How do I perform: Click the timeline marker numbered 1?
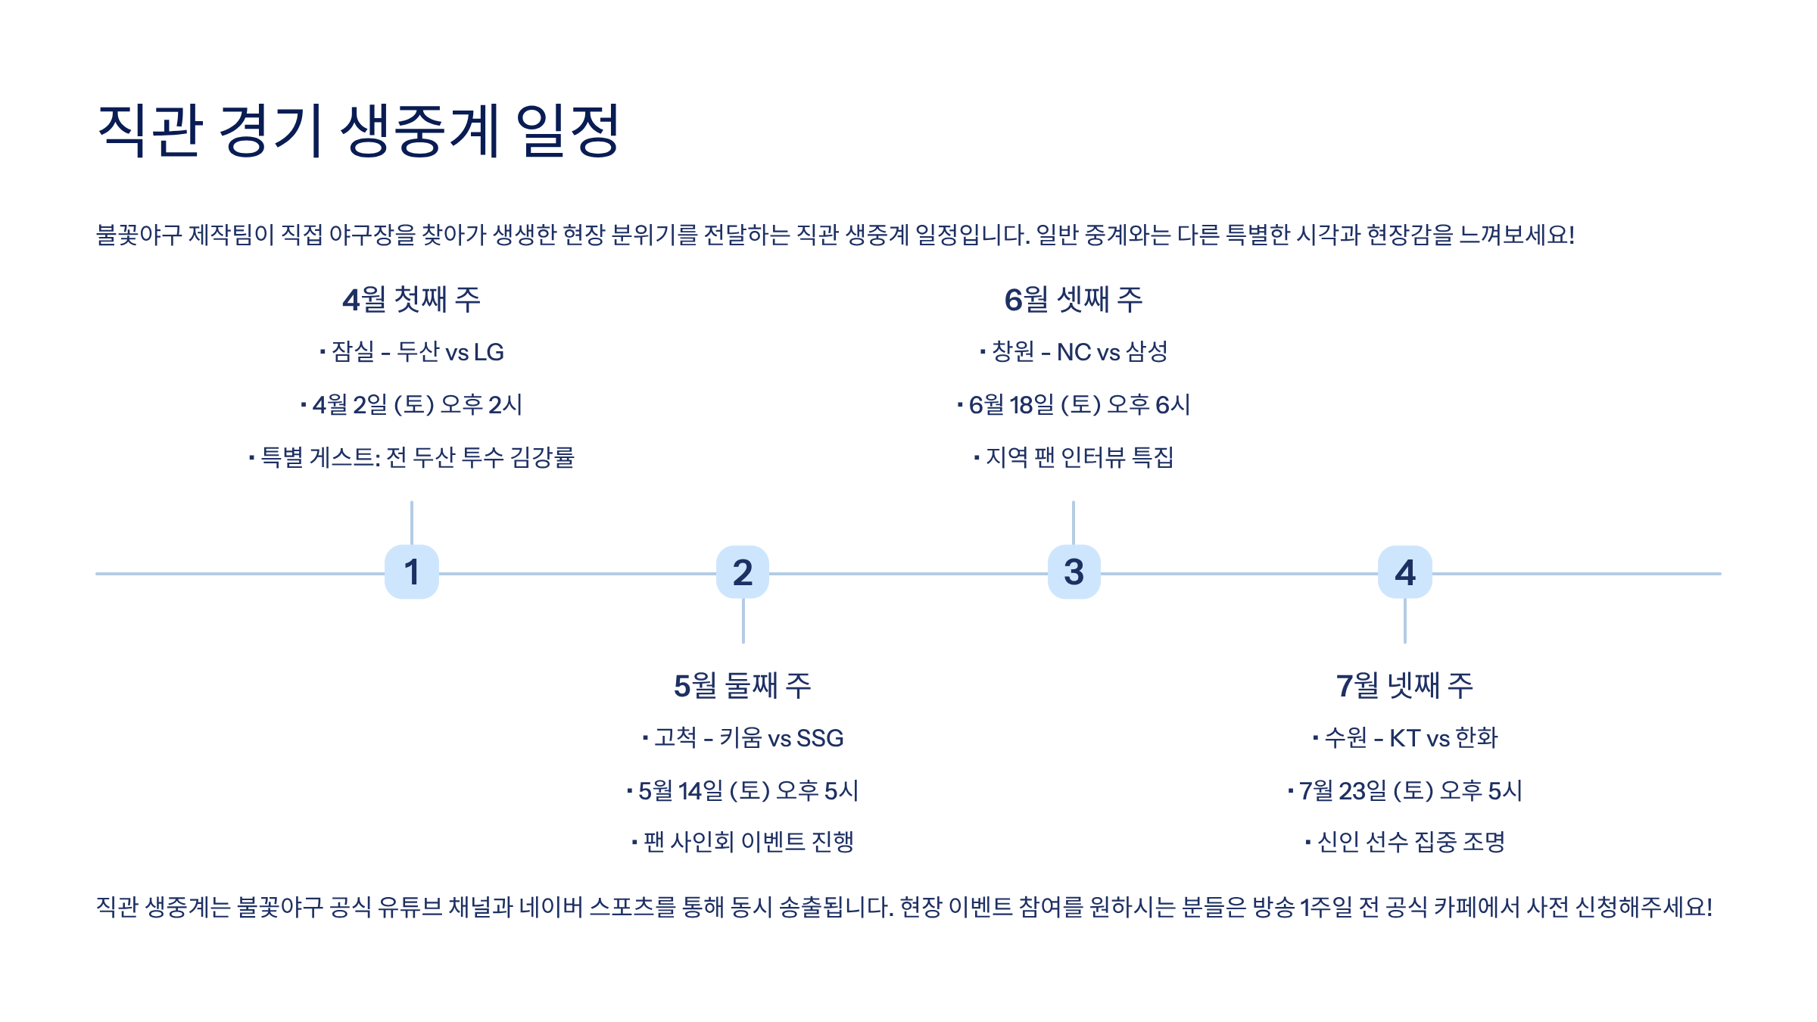(x=411, y=572)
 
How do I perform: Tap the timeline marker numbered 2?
(x=743, y=572)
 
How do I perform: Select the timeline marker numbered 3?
(x=1074, y=572)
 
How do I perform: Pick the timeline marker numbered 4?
(x=1405, y=572)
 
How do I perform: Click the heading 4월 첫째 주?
(x=411, y=300)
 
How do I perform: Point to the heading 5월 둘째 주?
(x=743, y=686)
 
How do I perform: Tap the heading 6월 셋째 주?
(x=1074, y=300)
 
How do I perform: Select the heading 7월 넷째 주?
(x=1405, y=686)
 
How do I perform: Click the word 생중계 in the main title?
(x=420, y=131)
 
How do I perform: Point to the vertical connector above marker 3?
(x=1074, y=522)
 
